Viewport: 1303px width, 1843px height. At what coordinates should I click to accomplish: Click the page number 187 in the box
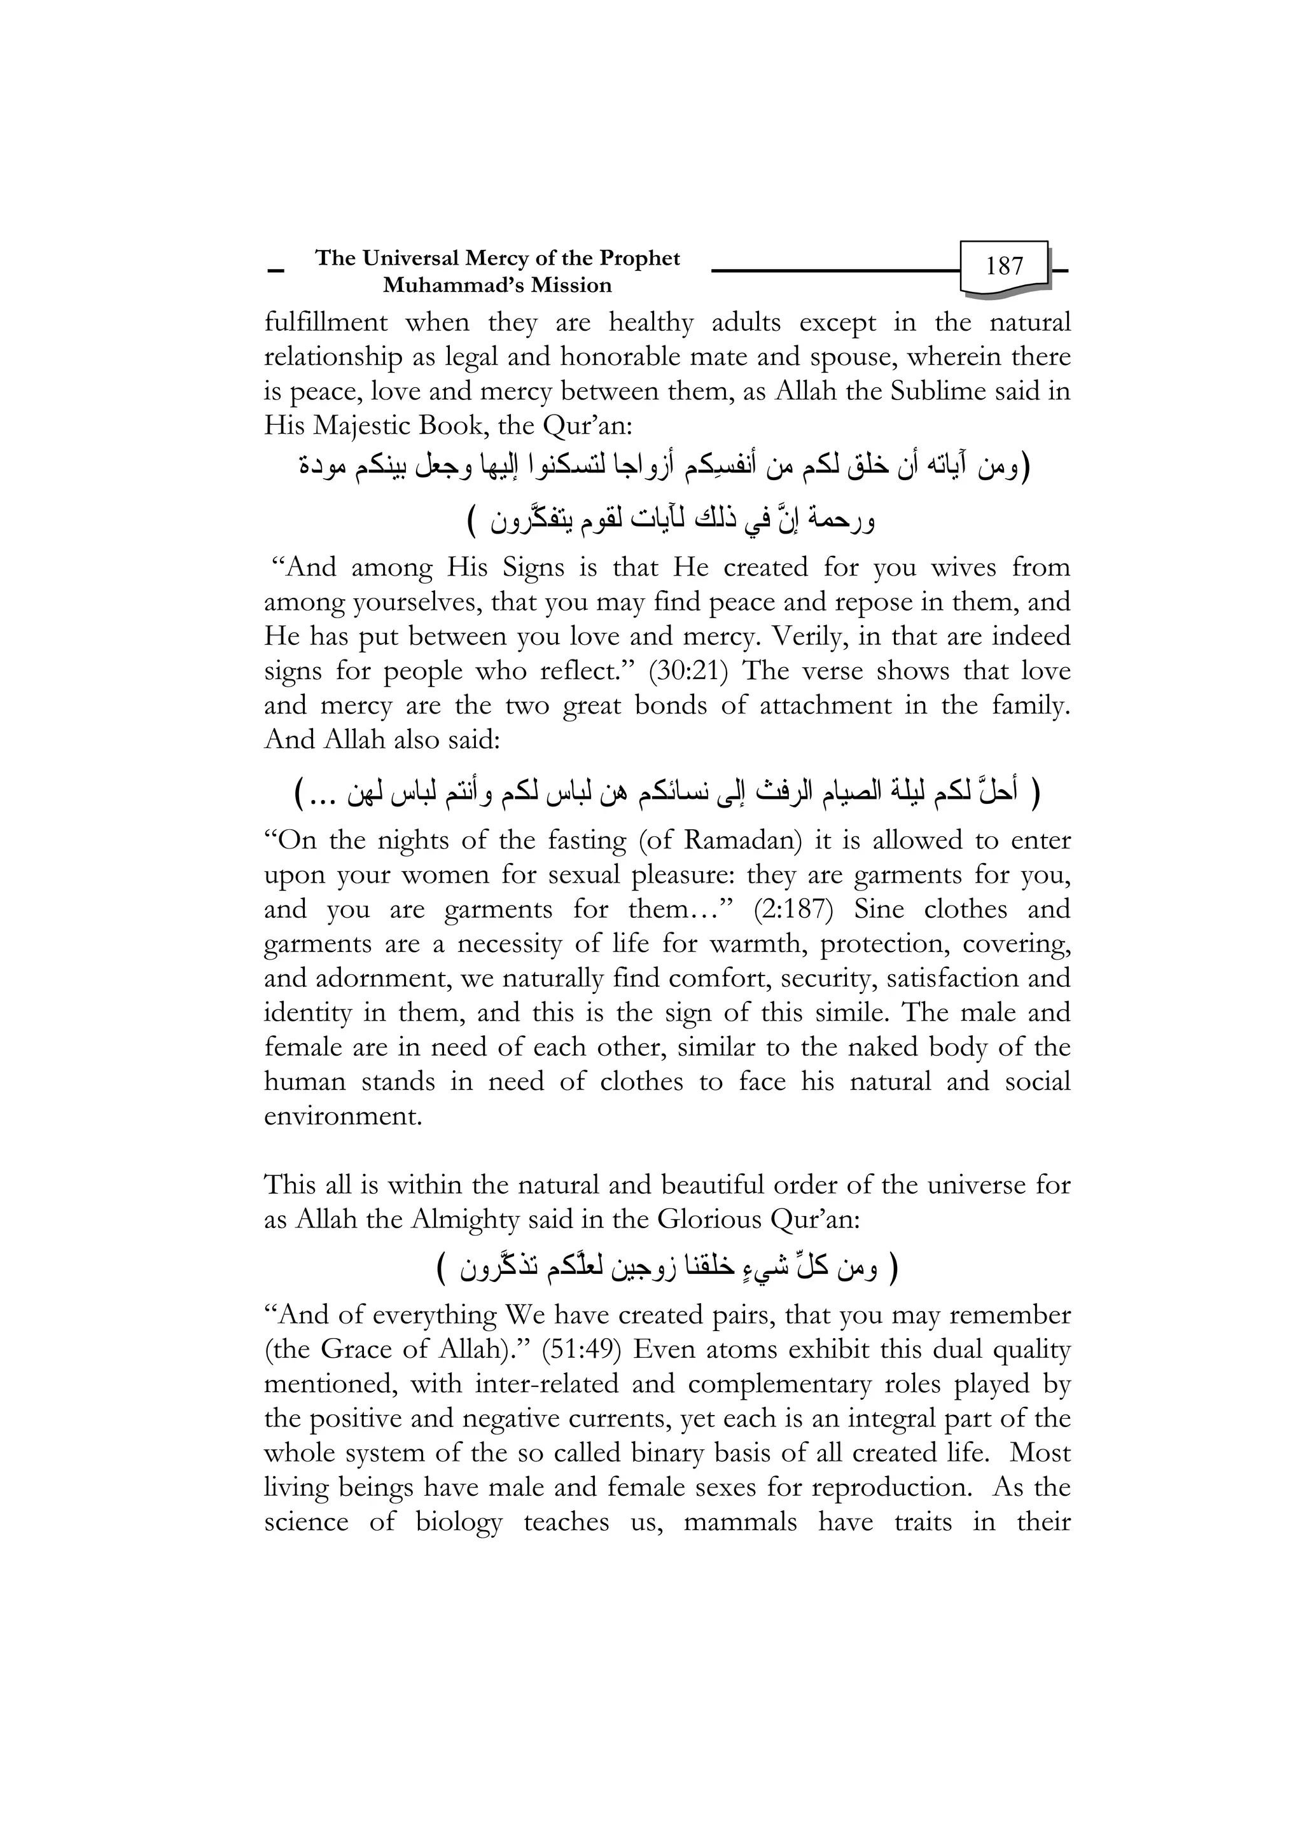(x=1005, y=266)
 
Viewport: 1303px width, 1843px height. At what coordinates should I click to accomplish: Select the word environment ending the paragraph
(x=343, y=1117)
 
